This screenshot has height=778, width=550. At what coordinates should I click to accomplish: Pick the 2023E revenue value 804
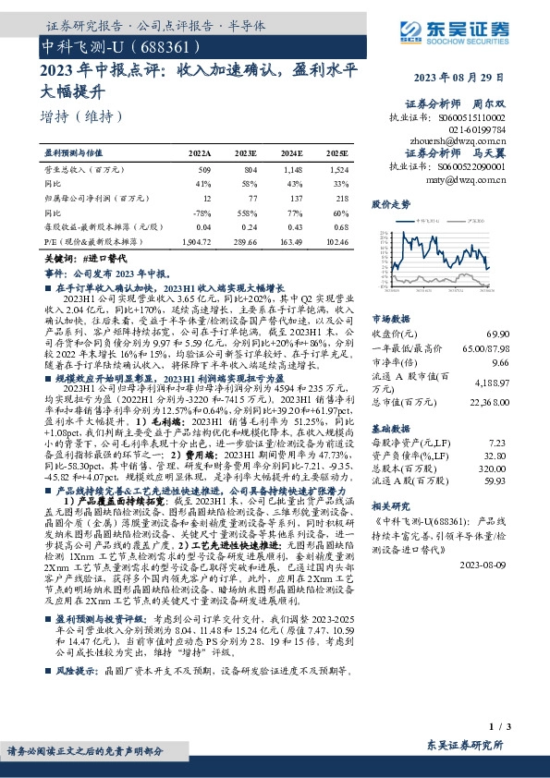click(x=246, y=171)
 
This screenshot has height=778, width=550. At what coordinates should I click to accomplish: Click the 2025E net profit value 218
click(x=341, y=198)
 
